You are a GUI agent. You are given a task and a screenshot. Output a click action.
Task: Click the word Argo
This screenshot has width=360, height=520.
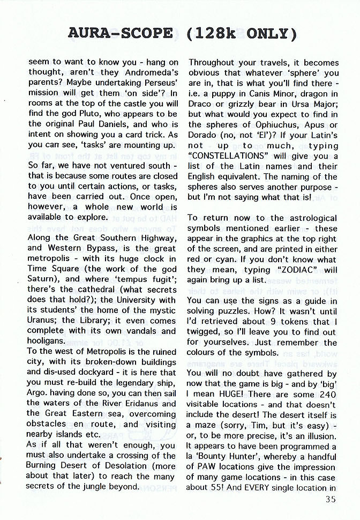(38, 393)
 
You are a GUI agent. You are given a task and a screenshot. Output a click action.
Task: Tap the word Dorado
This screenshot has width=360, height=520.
(202, 135)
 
